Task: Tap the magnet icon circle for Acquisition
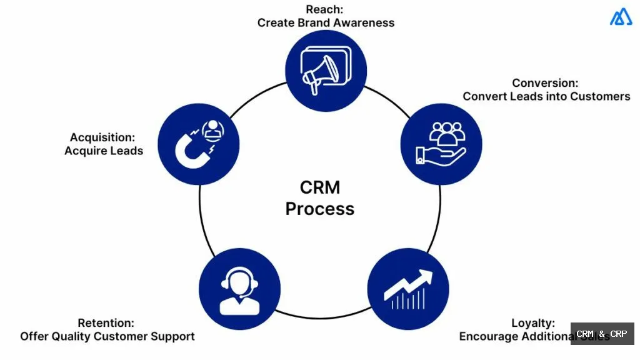point(198,144)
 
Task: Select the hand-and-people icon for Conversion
point(441,144)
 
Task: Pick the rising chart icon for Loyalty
point(407,289)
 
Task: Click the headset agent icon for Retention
point(239,289)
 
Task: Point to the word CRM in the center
point(319,187)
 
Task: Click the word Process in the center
point(319,209)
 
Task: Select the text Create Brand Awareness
point(326,22)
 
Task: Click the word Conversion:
point(545,83)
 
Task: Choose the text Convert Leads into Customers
point(546,96)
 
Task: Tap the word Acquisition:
point(102,137)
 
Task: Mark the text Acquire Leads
point(104,151)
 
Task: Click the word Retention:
point(106,323)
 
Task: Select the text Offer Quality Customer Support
point(107,336)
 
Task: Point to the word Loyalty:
point(532,323)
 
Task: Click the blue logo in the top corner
point(621,17)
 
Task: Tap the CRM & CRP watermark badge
point(601,334)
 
